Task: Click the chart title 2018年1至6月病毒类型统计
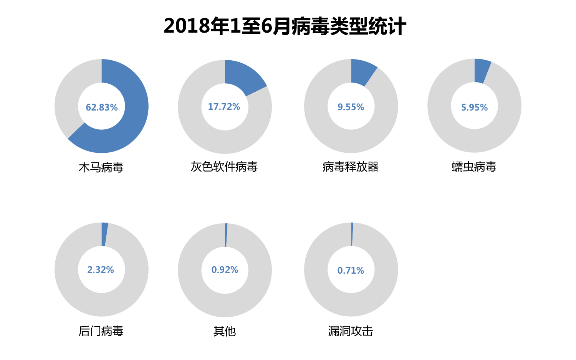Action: (285, 26)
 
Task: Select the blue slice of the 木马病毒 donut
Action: (132, 115)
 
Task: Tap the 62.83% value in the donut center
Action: (101, 107)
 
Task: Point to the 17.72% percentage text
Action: (224, 107)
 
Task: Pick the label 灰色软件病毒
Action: (224, 167)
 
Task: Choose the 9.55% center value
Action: (351, 107)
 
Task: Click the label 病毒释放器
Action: (350, 167)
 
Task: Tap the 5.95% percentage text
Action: (474, 107)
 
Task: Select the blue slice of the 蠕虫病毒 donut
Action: (482, 71)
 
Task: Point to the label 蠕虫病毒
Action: (474, 167)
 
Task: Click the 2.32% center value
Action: (101, 270)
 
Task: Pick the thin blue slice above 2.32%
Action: (104, 234)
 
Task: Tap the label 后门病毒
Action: (101, 331)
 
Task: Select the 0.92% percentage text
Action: (225, 270)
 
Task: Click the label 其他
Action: (224, 331)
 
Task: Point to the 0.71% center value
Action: (351, 271)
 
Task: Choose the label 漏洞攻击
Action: (350, 331)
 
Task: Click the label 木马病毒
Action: (101, 167)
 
